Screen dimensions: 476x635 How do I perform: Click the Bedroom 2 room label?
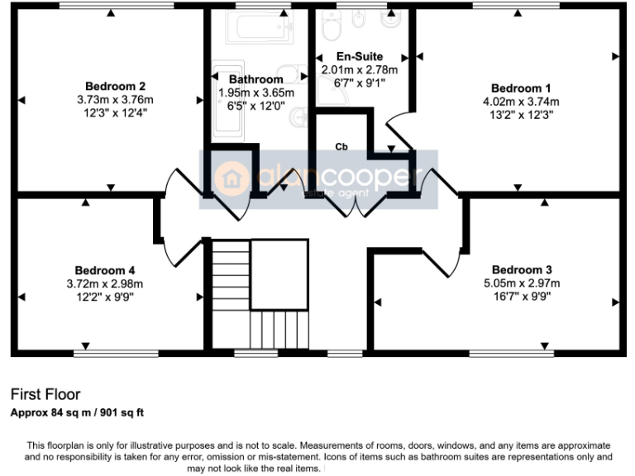click(x=116, y=86)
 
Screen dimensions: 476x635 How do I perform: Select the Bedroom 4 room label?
click(x=104, y=270)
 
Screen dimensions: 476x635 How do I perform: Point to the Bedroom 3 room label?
click(x=521, y=270)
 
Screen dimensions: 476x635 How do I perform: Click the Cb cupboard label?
click(x=340, y=146)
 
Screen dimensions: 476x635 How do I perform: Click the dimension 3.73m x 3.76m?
click(x=116, y=99)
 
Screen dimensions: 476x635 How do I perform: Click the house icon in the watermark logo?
click(x=232, y=178)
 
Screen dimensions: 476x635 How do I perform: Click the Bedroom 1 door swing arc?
click(x=395, y=131)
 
